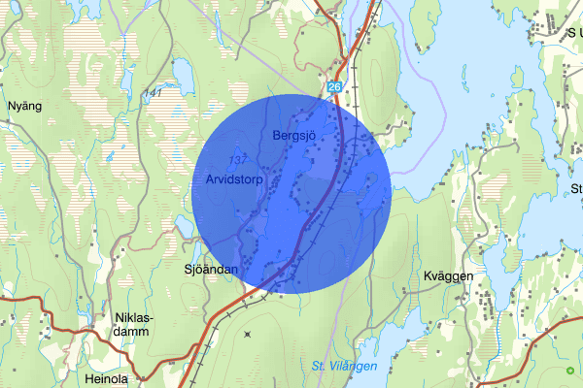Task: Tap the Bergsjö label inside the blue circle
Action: tap(296, 135)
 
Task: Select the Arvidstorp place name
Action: tap(236, 179)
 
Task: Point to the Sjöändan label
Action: tap(211, 270)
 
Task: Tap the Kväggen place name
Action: tap(448, 276)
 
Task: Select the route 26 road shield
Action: tap(335, 87)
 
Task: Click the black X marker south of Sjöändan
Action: tap(247, 335)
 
